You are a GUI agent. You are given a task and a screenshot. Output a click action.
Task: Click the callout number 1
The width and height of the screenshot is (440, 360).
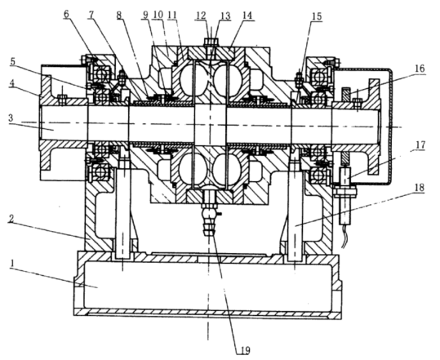11,263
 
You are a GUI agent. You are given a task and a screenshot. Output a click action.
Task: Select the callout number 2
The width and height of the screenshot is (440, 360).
11,219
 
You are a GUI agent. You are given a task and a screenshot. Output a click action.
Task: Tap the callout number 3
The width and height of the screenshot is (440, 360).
11,118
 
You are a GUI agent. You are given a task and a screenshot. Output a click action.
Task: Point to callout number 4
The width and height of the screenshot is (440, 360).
11,84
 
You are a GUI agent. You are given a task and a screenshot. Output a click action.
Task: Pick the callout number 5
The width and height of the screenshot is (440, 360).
13,62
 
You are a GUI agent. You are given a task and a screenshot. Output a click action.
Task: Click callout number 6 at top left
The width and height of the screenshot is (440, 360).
66,14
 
